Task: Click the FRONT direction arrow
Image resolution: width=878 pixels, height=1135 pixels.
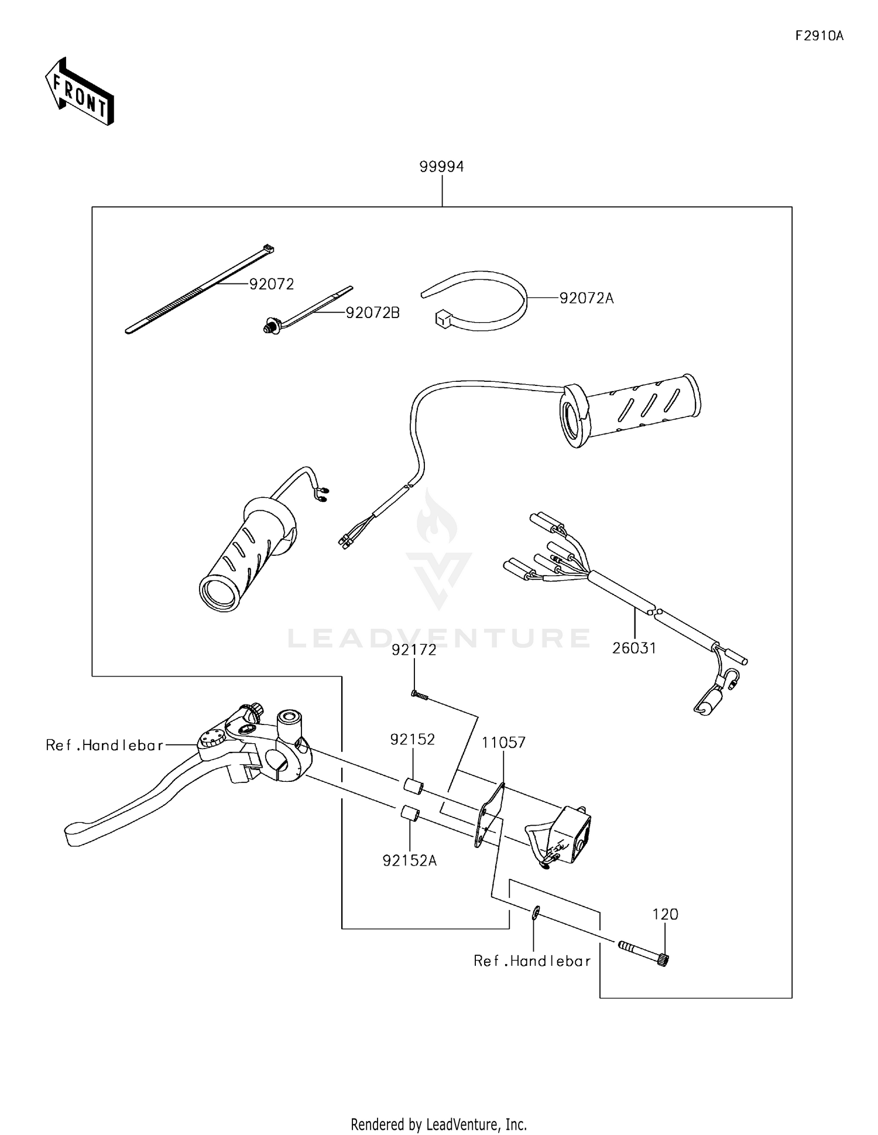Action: (79, 91)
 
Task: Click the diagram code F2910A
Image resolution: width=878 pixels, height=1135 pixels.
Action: (819, 36)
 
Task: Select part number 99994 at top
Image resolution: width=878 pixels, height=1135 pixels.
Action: (441, 167)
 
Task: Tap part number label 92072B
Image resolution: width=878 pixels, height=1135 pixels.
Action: (372, 313)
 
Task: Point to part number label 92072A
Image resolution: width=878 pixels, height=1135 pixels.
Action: (586, 298)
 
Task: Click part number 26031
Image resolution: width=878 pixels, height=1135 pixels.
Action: (634, 648)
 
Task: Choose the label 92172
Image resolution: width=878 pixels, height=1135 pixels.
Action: (414, 649)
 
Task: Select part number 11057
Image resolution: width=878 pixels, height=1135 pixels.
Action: (503, 742)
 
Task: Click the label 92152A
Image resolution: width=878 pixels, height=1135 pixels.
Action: (410, 860)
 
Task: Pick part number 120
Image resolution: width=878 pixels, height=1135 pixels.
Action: (666, 914)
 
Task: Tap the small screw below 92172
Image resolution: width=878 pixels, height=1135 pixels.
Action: (420, 695)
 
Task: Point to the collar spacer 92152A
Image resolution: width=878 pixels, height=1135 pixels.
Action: (408, 814)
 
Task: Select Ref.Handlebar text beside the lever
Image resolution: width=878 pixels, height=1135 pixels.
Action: (104, 745)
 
